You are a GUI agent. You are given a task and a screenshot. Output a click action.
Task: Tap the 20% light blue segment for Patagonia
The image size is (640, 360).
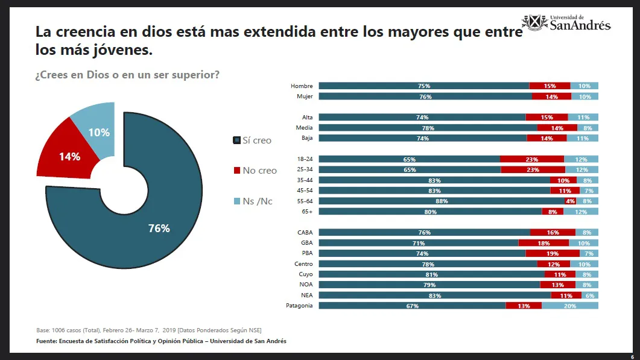coord(570,306)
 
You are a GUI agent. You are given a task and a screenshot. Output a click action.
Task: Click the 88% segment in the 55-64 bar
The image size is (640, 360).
coord(441,201)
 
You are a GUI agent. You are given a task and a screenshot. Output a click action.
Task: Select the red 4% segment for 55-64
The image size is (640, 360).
coord(570,201)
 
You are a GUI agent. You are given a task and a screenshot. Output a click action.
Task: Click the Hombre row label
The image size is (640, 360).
coord(302,86)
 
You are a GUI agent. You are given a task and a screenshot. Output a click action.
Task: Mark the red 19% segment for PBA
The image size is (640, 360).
coord(552,253)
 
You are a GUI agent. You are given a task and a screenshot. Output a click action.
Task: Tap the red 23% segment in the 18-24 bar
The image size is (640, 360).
coord(531,159)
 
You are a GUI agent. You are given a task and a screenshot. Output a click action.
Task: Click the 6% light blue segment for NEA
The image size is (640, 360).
coord(589,295)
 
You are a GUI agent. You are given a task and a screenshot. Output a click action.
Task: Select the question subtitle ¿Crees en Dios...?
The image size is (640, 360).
coord(127,75)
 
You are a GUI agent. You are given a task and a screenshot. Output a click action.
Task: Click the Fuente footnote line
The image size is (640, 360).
coord(162,341)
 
